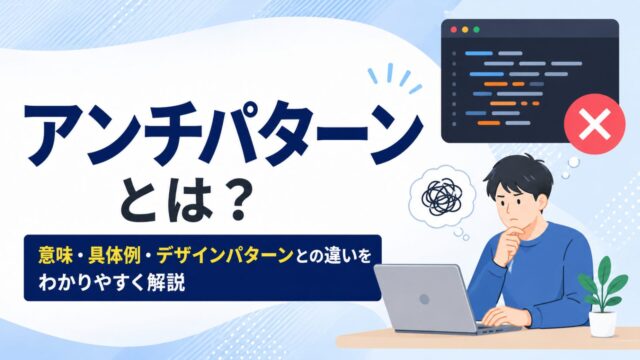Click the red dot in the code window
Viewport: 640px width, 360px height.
[453, 30]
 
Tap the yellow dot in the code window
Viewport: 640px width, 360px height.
[465, 30]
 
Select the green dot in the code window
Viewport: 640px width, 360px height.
[476, 30]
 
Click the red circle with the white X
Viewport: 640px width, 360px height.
[595, 124]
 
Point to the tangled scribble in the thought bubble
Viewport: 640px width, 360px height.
[442, 197]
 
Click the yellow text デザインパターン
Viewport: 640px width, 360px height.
[225, 256]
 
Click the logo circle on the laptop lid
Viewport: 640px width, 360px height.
[424, 299]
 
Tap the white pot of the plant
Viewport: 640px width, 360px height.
[603, 324]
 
